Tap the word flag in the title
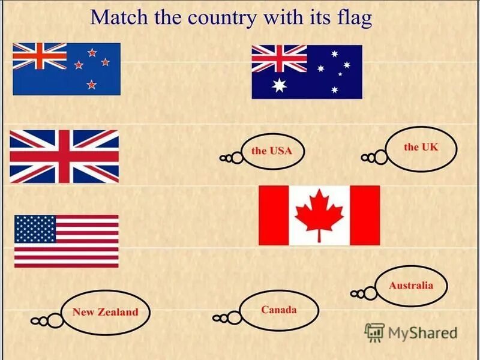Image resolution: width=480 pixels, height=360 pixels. [354, 18]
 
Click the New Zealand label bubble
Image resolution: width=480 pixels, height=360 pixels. [105, 312]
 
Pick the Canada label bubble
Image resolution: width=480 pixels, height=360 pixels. [279, 310]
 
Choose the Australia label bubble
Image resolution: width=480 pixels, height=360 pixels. [410, 286]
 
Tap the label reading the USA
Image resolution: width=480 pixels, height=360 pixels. [272, 151]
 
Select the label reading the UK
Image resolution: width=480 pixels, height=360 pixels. [421, 147]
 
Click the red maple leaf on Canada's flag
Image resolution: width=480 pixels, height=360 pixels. [319, 215]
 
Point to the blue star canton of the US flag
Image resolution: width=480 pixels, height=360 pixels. [35, 229]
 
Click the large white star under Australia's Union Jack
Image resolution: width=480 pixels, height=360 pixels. [280, 85]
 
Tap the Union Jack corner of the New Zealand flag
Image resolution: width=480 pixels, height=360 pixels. [40, 56]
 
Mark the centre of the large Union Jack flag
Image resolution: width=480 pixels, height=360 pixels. [64, 157]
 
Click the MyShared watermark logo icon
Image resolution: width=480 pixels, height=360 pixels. [374, 332]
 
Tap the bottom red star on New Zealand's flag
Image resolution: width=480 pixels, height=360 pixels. [91, 84]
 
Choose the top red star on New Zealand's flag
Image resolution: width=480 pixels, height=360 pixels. [92, 53]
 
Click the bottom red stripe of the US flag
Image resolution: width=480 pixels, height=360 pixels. [66, 264]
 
